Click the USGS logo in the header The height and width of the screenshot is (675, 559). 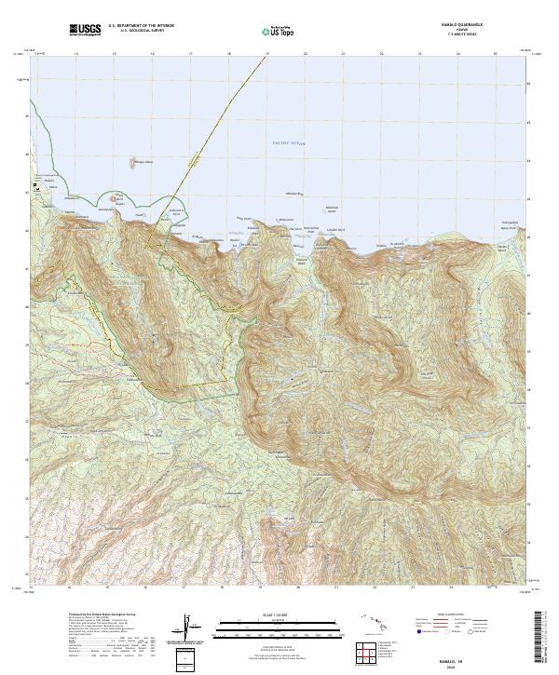tap(85, 31)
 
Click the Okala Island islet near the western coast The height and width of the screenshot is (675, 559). tap(117, 197)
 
